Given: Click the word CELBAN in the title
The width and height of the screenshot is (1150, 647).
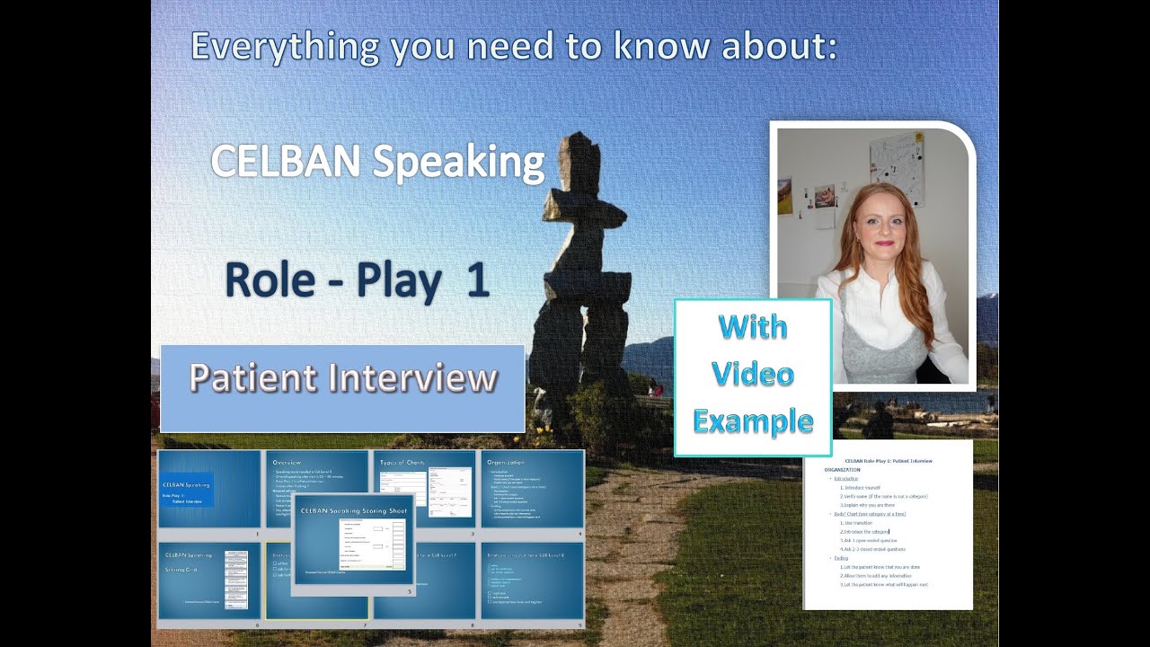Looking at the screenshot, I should (286, 163).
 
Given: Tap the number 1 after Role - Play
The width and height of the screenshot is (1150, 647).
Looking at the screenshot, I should (475, 279).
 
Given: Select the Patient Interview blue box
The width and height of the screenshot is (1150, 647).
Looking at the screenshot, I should (342, 387).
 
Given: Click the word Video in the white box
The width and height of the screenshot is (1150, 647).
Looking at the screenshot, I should (753, 374).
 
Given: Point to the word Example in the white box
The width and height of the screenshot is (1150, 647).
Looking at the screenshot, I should (753, 421).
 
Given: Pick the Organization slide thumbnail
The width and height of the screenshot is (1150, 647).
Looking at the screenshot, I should (533, 490).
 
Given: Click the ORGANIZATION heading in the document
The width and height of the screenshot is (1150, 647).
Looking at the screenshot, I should (842, 470).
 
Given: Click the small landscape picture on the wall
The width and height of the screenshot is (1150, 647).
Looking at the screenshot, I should (784, 196).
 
